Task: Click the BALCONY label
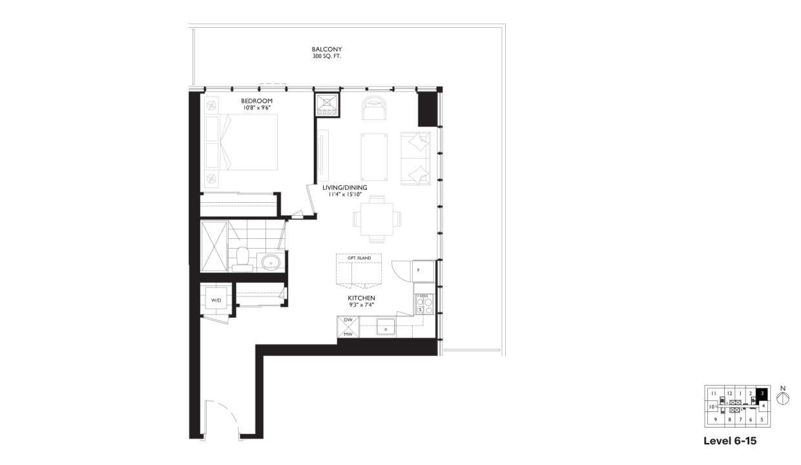click(326, 49)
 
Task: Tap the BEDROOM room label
click(256, 101)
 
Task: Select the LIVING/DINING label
click(344, 187)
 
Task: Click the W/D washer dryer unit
click(216, 300)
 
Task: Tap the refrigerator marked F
click(419, 270)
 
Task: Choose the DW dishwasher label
click(348, 320)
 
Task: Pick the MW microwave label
click(348, 334)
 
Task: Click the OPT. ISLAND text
click(359, 258)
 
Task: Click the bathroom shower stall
click(214, 247)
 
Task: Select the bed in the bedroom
click(242, 143)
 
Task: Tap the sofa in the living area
click(415, 159)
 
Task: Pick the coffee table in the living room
click(374, 157)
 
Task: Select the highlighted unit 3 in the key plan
click(762, 393)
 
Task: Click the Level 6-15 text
click(729, 442)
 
